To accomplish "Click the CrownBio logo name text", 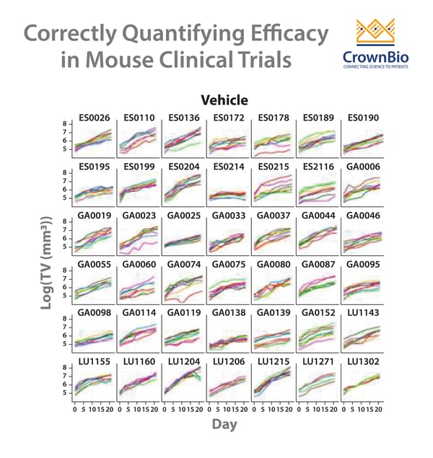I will tap(379, 56).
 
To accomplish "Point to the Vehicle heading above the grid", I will tap(224, 100).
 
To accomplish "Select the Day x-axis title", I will tap(224, 425).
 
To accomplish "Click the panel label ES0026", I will tap(92, 118).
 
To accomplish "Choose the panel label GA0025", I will tap(183, 215).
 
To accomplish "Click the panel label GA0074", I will tap(183, 264).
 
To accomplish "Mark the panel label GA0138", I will tap(227, 312).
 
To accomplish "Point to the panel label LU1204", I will tap(183, 361).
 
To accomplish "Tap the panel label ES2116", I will tap(318, 167).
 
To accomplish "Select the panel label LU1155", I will tap(92, 361).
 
